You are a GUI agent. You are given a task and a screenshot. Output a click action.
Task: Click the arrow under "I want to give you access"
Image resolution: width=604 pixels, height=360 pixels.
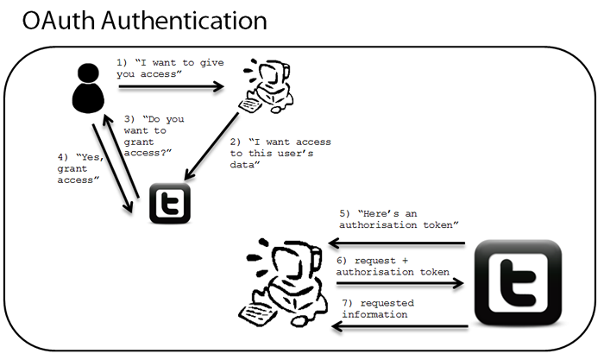click(173, 86)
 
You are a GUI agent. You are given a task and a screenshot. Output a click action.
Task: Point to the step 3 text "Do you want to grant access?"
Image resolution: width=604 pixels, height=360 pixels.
click(148, 135)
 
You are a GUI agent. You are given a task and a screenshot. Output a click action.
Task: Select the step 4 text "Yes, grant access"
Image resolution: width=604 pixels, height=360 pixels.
click(79, 168)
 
